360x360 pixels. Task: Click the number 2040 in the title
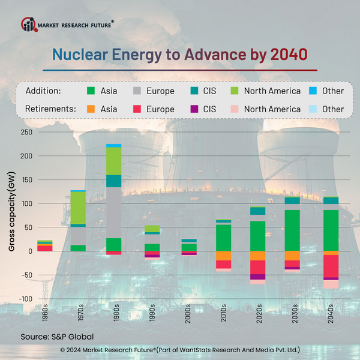(289, 55)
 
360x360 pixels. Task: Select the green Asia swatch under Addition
(91, 91)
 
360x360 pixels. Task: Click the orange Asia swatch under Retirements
(91, 109)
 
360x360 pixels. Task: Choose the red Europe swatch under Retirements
(137, 109)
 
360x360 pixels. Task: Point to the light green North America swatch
(236, 91)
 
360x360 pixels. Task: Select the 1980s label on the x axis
(114, 316)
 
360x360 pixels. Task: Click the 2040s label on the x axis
(331, 316)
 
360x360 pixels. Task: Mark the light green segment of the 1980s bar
(114, 161)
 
